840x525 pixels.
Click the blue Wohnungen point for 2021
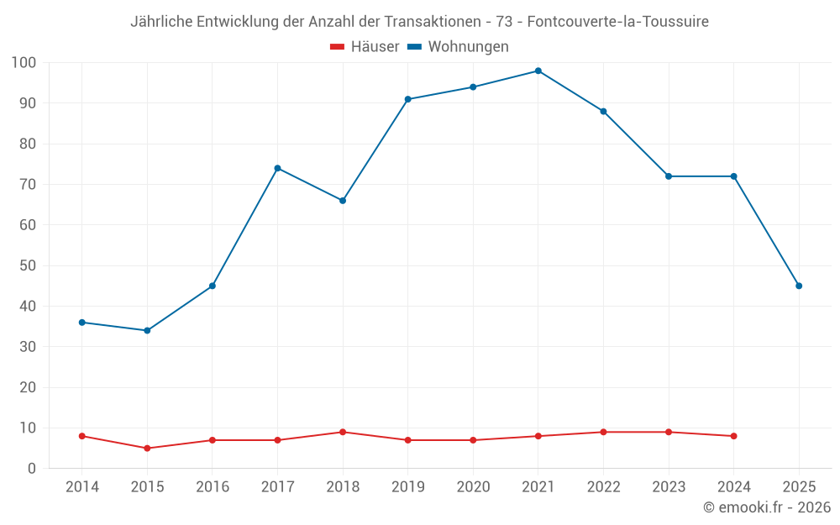point(538,71)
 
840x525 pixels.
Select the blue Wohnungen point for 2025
point(799,286)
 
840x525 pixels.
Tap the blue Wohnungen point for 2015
point(147,330)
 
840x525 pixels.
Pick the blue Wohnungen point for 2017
point(277,168)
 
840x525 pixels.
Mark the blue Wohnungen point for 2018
point(343,201)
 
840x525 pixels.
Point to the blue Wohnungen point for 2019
point(408,99)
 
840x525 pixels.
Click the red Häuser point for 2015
point(147,448)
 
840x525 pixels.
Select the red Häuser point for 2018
point(343,432)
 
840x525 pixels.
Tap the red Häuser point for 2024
point(733,436)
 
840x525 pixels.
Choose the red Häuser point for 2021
point(538,436)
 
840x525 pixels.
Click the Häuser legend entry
point(365,47)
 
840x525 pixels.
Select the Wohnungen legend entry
point(458,47)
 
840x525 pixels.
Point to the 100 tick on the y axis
point(24,62)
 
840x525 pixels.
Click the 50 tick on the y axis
point(28,265)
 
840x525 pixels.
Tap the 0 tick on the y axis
point(32,468)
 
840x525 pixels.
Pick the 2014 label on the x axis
point(81,487)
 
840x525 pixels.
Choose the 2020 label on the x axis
point(473,487)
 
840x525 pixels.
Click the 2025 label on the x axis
point(799,487)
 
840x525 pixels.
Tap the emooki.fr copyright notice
point(766,507)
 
